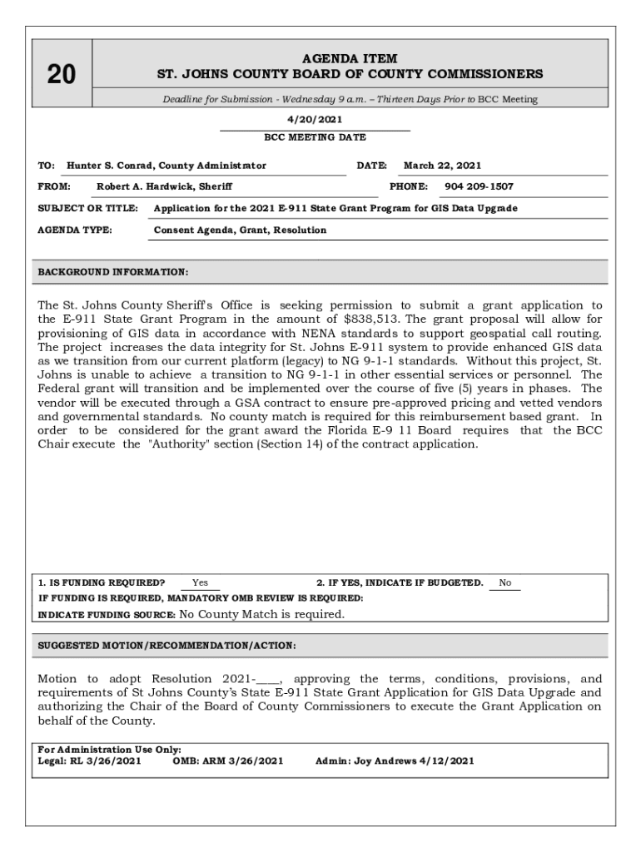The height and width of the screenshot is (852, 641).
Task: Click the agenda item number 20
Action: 61,75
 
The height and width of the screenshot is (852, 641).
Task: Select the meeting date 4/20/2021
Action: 315,120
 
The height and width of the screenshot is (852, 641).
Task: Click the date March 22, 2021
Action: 443,166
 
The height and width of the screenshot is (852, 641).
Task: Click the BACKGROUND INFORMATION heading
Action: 113,272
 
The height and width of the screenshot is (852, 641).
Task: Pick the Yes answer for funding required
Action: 200,583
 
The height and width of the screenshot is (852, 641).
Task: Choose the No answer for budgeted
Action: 505,583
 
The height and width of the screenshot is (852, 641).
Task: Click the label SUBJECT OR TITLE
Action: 88,208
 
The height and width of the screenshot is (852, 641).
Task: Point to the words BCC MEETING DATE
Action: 315,137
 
